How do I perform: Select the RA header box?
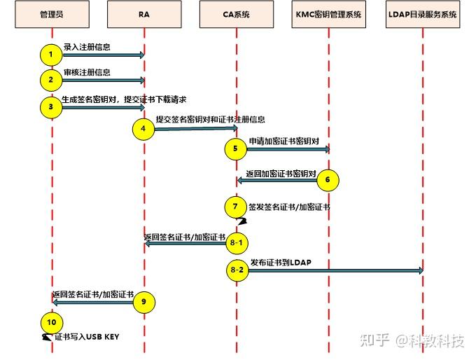(144, 15)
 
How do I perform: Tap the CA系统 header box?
(237, 15)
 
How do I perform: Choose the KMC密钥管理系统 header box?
(329, 15)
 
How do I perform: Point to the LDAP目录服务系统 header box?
(422, 15)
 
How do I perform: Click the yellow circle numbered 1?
(51, 55)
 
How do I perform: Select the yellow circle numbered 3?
(51, 107)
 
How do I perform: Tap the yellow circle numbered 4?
(143, 129)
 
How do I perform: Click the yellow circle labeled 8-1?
(236, 243)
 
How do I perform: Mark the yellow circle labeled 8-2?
(236, 270)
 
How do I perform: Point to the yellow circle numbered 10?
(51, 323)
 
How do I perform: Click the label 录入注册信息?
(87, 47)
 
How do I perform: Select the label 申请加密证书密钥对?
(283, 141)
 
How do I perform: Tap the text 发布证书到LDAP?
(281, 262)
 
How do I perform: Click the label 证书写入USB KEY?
(87, 337)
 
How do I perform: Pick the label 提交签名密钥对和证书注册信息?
(210, 120)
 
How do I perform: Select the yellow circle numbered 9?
(143, 302)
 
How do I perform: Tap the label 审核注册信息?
(87, 72)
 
